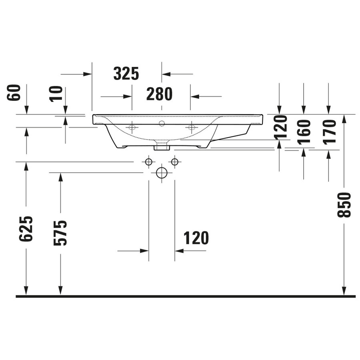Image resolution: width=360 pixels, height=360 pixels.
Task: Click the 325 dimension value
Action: pos(126,74)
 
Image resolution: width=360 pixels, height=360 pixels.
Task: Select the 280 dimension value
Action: pos(159,94)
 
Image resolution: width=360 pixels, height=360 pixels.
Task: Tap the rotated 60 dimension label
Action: pos(14,93)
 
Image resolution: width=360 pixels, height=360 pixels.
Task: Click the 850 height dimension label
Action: pos(344,205)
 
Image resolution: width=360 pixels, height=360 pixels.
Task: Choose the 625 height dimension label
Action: pos(26,229)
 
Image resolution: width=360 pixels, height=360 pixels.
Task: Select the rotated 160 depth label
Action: pos(304,132)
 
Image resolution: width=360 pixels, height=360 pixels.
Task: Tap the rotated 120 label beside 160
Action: pos(280,127)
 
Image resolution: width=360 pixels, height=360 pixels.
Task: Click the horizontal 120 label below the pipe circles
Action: pos(196,238)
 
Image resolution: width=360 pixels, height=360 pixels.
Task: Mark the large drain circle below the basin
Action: pos(162,173)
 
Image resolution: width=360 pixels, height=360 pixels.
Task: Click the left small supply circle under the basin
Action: pos(149,162)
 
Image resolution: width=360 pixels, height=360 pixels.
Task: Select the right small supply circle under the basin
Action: pos(174,162)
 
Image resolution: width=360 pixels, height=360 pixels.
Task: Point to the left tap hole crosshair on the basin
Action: pos(132,128)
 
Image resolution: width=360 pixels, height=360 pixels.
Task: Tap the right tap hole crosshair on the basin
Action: pos(191,128)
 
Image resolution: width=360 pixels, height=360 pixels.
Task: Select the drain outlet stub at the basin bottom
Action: pos(162,146)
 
